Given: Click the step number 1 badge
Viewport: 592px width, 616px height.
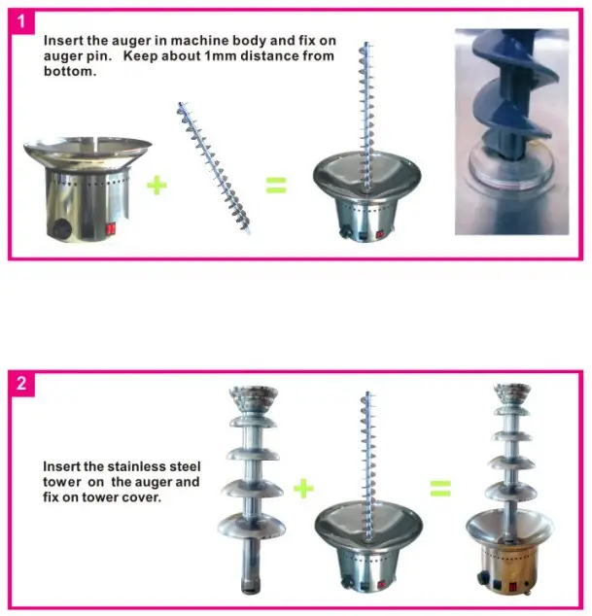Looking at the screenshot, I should pyautogui.click(x=21, y=18).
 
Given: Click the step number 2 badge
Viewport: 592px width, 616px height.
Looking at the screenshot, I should pyautogui.click(x=21, y=383).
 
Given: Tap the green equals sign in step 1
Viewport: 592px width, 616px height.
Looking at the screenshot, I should pyautogui.click(x=277, y=185).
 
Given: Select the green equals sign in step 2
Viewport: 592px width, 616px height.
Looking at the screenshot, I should pyautogui.click(x=441, y=487).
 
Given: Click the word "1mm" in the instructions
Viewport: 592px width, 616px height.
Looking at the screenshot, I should pyautogui.click(x=242, y=56).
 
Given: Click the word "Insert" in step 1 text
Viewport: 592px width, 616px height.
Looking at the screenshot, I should pyautogui.click(x=61, y=42).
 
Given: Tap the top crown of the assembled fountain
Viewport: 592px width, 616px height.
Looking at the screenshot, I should pyautogui.click(x=511, y=395).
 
